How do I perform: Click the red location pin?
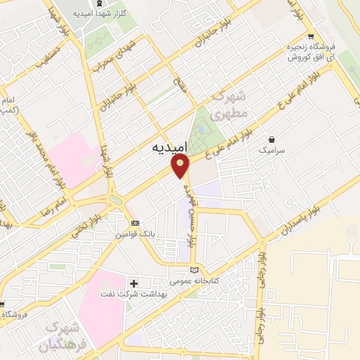point(181,166)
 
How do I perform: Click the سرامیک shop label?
point(273,150)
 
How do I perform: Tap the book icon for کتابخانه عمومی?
point(195,270)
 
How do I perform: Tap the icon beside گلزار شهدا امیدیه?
point(99,14)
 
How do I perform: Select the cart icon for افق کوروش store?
point(310,37)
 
